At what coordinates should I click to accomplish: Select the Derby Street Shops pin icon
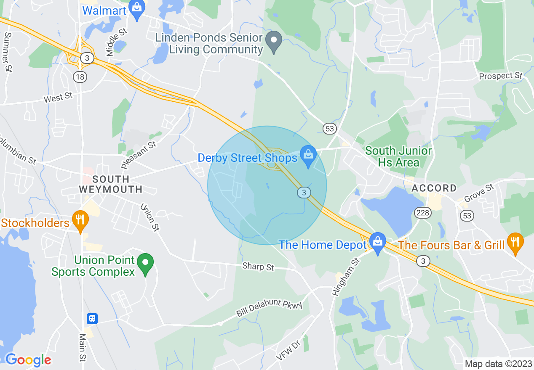pos(308,156)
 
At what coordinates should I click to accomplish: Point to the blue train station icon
pos(92,319)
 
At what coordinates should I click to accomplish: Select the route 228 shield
pos(422,213)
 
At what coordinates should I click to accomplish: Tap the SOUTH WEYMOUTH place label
pos(111,184)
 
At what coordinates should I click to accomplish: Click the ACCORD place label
pos(434,188)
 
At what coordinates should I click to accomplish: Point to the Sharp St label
pos(258,267)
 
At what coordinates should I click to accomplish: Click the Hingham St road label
pos(347,277)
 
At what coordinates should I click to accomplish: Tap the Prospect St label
pos(501,76)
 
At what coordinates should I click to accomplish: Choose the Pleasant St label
pos(139,155)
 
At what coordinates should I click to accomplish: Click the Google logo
pos(28,360)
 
